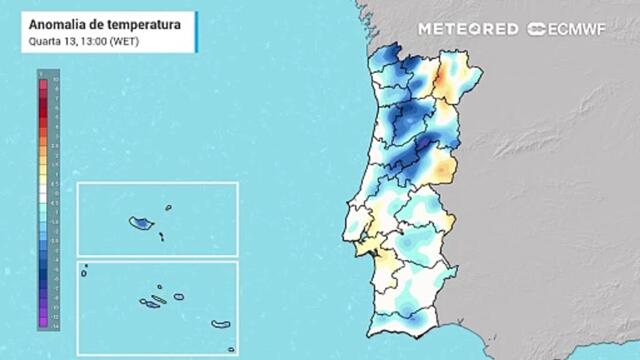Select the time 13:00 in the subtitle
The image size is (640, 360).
pyautogui.click(x=91, y=41)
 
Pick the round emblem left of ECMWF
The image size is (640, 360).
pyautogui.click(x=535, y=29)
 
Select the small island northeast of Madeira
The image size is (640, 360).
pyautogui.click(x=168, y=208)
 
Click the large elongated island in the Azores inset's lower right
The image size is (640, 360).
pyautogui.click(x=220, y=323)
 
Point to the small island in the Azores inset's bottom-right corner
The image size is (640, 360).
pyautogui.click(x=230, y=349)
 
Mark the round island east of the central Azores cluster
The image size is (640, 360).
pyautogui.click(x=178, y=296)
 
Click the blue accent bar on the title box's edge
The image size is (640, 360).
pyautogui.click(x=196, y=32)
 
